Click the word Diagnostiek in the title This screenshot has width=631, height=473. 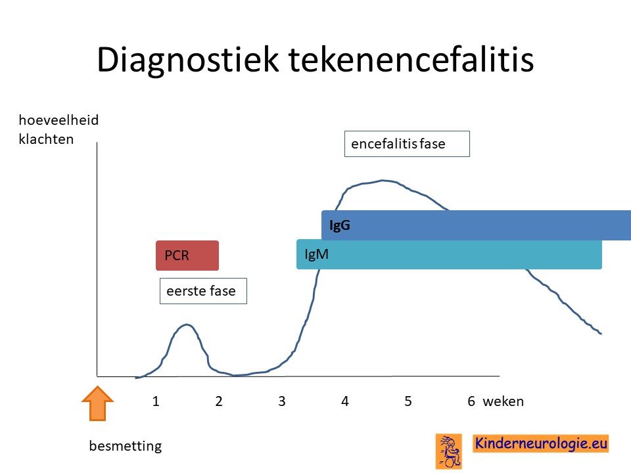tap(187, 60)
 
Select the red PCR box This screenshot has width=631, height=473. tap(187, 256)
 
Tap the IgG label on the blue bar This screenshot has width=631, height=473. tap(340, 225)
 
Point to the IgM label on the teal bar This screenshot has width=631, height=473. tap(316, 254)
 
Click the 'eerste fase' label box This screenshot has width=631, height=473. tap(203, 291)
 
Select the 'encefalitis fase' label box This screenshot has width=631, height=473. tap(407, 144)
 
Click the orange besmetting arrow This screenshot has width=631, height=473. tap(97, 403)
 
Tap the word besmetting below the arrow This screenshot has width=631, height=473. tap(125, 446)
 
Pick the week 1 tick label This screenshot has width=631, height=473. tap(156, 401)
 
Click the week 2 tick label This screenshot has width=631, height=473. tap(218, 401)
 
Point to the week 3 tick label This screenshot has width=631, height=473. tap(282, 401)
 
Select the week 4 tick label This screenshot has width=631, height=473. tap(345, 401)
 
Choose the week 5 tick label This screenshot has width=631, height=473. tap(408, 401)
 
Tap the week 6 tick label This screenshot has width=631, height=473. tap(471, 401)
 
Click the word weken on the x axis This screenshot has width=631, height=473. tap(503, 401)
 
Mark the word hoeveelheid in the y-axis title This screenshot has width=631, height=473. tap(58, 120)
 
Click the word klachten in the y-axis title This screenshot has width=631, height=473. tap(46, 139)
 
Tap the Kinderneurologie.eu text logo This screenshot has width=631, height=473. tap(540, 443)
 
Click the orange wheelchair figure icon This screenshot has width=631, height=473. tap(449, 451)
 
